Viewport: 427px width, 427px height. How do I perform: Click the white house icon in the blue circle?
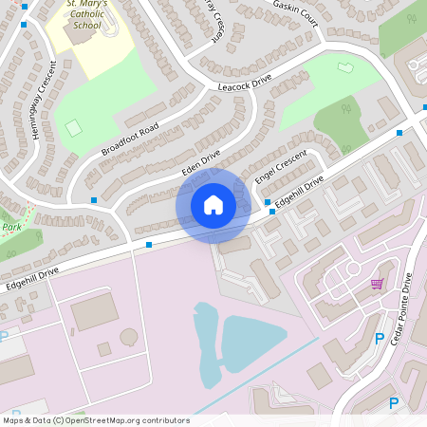pos(213,205)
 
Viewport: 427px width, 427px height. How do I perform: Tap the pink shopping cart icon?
pos(377,283)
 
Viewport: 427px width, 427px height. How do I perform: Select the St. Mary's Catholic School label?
pos(86,15)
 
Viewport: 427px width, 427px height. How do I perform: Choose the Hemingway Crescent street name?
pos(45,101)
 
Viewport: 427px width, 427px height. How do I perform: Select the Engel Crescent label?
pos(282,168)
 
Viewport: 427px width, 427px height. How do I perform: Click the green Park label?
pos(11,228)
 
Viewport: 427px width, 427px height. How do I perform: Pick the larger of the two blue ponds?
pos(252,343)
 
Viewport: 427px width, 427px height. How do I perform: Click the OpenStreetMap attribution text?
pos(96,420)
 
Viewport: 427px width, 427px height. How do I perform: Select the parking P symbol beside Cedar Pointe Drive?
pos(380,338)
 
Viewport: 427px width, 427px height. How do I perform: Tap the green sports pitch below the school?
pos(73,128)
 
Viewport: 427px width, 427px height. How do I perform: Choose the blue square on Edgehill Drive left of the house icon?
pos(149,245)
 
